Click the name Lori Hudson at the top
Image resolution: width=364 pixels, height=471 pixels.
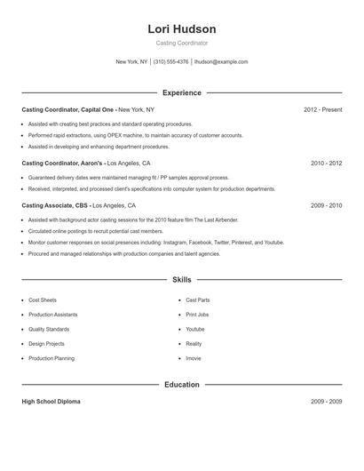coord(182,28)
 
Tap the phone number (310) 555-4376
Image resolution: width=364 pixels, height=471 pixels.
coord(170,62)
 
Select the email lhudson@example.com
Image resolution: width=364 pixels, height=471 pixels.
coord(221,62)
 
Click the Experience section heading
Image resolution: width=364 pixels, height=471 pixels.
coord(182,92)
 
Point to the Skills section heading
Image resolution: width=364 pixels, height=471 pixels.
coord(182,279)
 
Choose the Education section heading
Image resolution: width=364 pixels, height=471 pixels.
coord(182,384)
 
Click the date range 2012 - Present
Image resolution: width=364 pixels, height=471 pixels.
coord(322,109)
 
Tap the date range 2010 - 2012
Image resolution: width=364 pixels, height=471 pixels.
coord(326,164)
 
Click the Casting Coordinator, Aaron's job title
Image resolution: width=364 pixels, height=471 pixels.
coord(63,164)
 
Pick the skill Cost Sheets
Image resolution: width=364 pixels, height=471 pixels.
coord(43,300)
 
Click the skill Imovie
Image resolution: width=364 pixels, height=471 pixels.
coord(194,358)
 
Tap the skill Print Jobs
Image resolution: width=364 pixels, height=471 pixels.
coord(197,315)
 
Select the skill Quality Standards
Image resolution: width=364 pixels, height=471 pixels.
coord(48,329)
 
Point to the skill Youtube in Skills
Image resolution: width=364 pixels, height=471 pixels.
coord(195,329)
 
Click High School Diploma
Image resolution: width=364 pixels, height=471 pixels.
coord(51,402)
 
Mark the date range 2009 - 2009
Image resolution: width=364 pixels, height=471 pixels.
coord(326,402)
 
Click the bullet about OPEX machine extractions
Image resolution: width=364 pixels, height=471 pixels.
coord(135,135)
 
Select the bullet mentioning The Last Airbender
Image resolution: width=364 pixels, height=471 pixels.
coord(133,220)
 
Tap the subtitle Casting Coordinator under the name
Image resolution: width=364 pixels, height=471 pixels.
coord(182,43)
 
